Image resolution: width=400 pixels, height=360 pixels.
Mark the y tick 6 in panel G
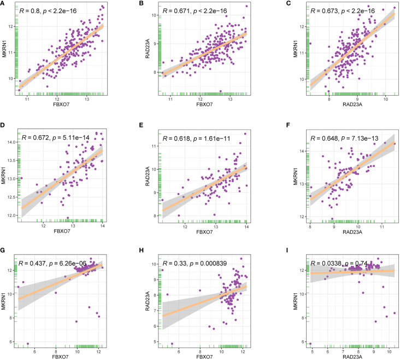[x=14, y=342]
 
